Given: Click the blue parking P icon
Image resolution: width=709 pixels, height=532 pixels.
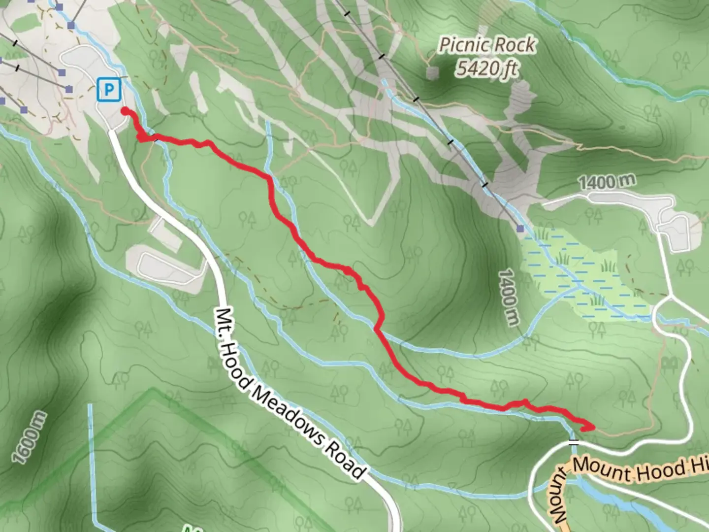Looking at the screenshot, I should tap(109, 90).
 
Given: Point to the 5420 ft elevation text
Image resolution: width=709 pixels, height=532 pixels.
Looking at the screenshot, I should tap(486, 68).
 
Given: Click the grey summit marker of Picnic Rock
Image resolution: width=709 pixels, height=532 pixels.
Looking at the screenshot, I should tap(432, 73).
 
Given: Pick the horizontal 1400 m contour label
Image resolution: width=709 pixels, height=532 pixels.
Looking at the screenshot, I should tap(607, 182).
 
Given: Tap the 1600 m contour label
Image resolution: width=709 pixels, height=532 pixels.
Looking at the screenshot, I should tap(30, 438).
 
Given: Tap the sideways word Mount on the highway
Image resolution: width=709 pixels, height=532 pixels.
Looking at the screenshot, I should tap(561, 498).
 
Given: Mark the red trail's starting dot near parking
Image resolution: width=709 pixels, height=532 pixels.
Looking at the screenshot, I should tap(125, 110).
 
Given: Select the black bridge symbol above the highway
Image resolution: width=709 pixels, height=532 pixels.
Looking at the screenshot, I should tap(572, 441).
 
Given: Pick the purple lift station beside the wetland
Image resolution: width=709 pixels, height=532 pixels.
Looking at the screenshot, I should tap(520, 229).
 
